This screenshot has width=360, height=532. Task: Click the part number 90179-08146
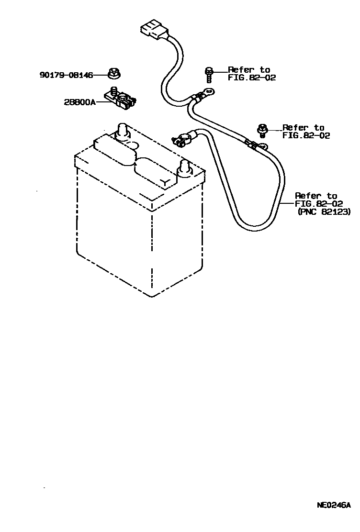click(x=66, y=75)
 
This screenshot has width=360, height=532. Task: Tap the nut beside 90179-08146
click(x=114, y=73)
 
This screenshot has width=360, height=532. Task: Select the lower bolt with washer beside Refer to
click(x=262, y=129)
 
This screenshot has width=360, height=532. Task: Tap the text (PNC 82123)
click(x=324, y=211)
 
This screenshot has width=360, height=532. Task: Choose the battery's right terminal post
click(x=184, y=168)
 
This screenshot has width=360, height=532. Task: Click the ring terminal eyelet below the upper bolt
click(x=208, y=91)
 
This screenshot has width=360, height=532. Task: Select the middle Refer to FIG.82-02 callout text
click(x=306, y=132)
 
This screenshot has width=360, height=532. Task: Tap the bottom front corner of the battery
click(x=152, y=297)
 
